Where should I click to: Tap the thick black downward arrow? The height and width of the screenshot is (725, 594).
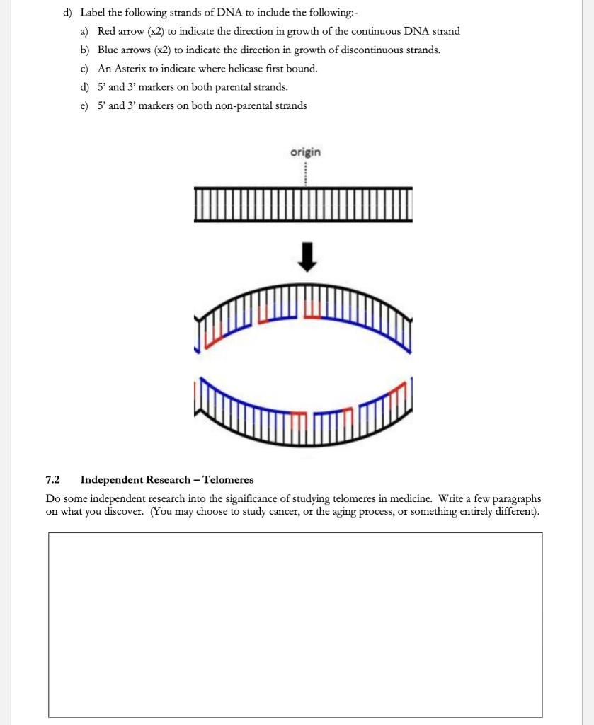click(305, 257)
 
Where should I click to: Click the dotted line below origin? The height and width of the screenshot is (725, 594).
click(305, 172)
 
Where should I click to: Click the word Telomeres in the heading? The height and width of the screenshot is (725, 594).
click(228, 480)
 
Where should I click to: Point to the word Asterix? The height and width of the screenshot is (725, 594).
click(127, 69)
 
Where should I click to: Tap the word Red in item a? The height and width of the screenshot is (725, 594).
click(107, 31)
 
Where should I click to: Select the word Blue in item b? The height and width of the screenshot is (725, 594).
click(108, 50)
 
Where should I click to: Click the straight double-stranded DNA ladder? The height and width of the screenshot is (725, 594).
click(302, 205)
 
